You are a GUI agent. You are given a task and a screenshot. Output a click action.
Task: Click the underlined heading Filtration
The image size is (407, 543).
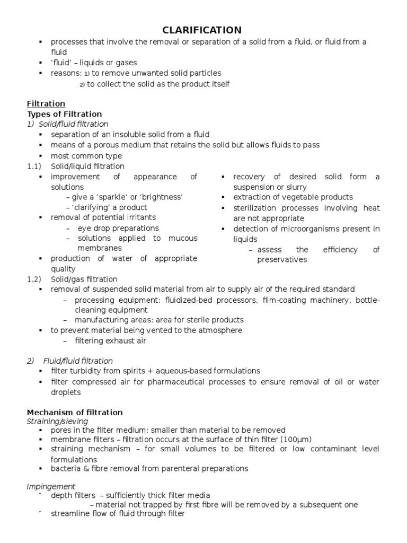coord(46,104)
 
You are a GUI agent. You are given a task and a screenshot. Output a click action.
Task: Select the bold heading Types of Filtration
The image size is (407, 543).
coord(64,114)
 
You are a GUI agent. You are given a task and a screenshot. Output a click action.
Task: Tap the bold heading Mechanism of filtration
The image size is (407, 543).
coord(75,412)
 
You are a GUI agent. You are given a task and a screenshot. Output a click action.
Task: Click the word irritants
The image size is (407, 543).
coord(140,217)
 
